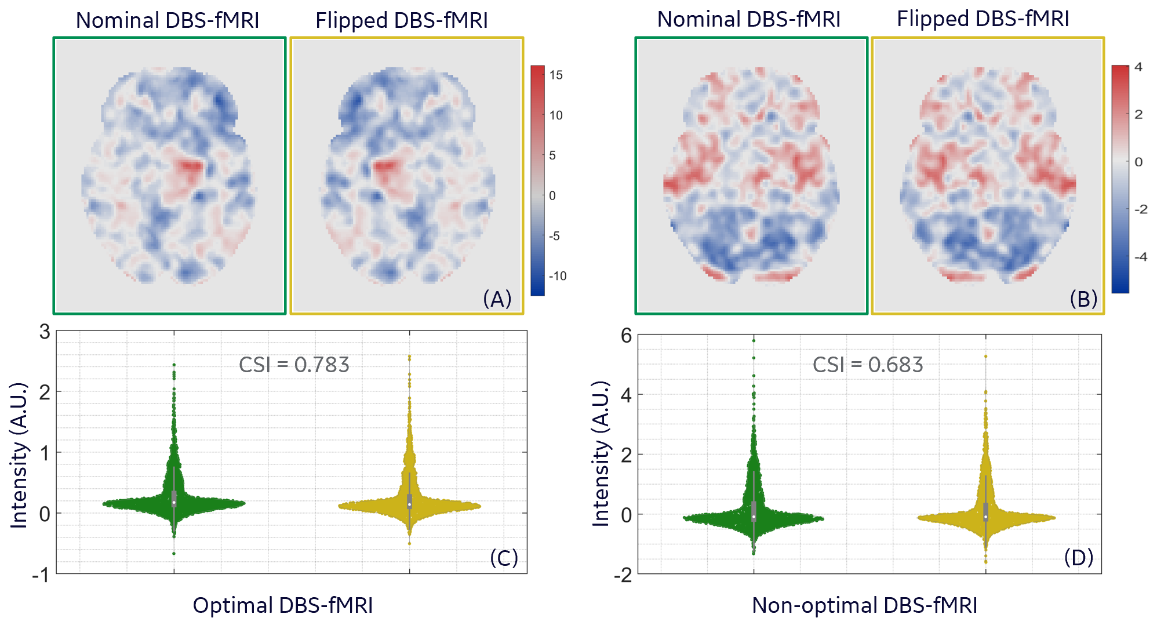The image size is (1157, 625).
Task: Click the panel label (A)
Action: point(497,299)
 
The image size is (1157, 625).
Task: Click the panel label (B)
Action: point(1083,299)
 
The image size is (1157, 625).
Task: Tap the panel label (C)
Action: point(504,558)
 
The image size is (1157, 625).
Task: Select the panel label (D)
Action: point(1078,558)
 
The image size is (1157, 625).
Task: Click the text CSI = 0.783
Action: point(294,365)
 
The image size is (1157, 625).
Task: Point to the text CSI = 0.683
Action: point(868,365)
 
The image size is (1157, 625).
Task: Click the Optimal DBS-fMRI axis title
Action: point(283,605)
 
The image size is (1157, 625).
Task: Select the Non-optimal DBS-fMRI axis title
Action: point(864,605)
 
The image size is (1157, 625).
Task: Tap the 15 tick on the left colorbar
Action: point(556,75)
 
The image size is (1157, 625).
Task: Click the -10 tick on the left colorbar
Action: point(558,276)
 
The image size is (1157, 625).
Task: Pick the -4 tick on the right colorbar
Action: point(1140,257)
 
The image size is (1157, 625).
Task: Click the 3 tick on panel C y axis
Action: point(45,332)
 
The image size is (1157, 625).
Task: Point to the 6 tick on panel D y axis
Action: point(626,335)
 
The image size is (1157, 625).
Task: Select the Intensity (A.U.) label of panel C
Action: point(19,455)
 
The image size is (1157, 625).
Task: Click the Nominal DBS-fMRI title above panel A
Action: point(168,20)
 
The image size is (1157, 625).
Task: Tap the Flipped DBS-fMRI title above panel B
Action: point(983,19)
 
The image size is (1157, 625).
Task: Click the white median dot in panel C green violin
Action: point(174,502)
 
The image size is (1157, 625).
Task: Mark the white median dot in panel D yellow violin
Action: point(985,516)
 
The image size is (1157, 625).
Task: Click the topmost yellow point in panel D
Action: point(985,357)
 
